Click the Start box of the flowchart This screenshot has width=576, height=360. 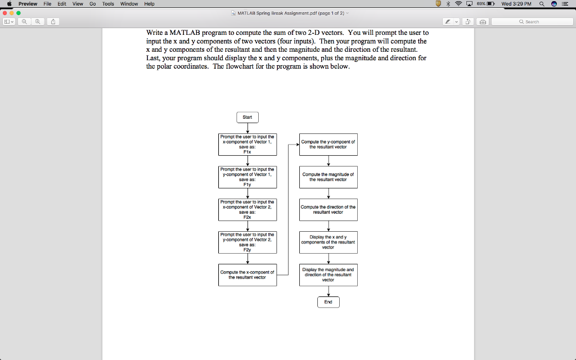click(247, 118)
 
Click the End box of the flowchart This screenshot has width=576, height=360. click(328, 302)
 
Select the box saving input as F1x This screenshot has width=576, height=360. click(247, 145)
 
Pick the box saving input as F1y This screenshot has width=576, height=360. click(247, 177)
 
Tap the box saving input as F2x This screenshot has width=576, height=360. click(247, 210)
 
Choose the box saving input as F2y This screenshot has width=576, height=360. click(247, 242)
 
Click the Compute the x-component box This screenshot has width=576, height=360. click(247, 274)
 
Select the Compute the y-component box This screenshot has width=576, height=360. click(328, 145)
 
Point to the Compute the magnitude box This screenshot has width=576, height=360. click(328, 177)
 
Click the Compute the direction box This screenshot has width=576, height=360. click(328, 210)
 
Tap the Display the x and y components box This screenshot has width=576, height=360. click(328, 242)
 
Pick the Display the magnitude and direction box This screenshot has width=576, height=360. click(328, 274)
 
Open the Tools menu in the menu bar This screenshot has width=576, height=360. click(108, 4)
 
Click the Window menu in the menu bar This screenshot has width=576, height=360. click(129, 4)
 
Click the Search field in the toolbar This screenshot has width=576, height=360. click(532, 22)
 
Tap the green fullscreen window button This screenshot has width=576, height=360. click(19, 13)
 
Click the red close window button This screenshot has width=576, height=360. click(4, 13)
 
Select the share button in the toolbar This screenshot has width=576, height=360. click(53, 22)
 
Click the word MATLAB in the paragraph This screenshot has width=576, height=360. click(184, 33)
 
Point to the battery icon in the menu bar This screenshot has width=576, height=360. click(490, 4)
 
